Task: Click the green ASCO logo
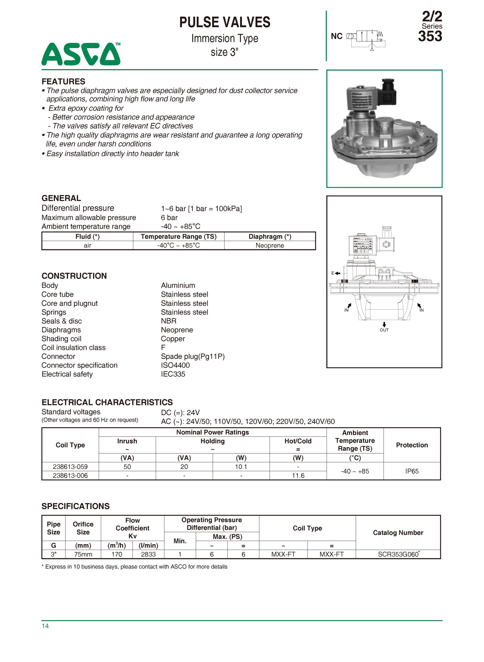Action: tap(81, 54)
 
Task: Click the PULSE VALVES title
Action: tap(225, 22)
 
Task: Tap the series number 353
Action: tap(430, 36)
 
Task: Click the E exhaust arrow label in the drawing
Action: tap(336, 273)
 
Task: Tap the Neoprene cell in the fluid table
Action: tap(269, 246)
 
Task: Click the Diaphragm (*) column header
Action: tap(269, 237)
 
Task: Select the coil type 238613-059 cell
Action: tap(70, 467)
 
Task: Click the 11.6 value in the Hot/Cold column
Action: tap(298, 475)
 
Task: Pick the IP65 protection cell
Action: tap(412, 471)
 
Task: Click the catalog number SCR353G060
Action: tap(398, 554)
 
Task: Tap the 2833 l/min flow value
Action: tap(148, 554)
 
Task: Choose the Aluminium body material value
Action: tap(178, 285)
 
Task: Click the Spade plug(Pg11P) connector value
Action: tap(193, 356)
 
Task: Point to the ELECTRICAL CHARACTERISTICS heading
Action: tap(107, 402)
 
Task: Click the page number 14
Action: tap(45, 626)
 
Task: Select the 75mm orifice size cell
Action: tap(83, 554)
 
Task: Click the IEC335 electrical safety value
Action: tap(173, 374)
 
